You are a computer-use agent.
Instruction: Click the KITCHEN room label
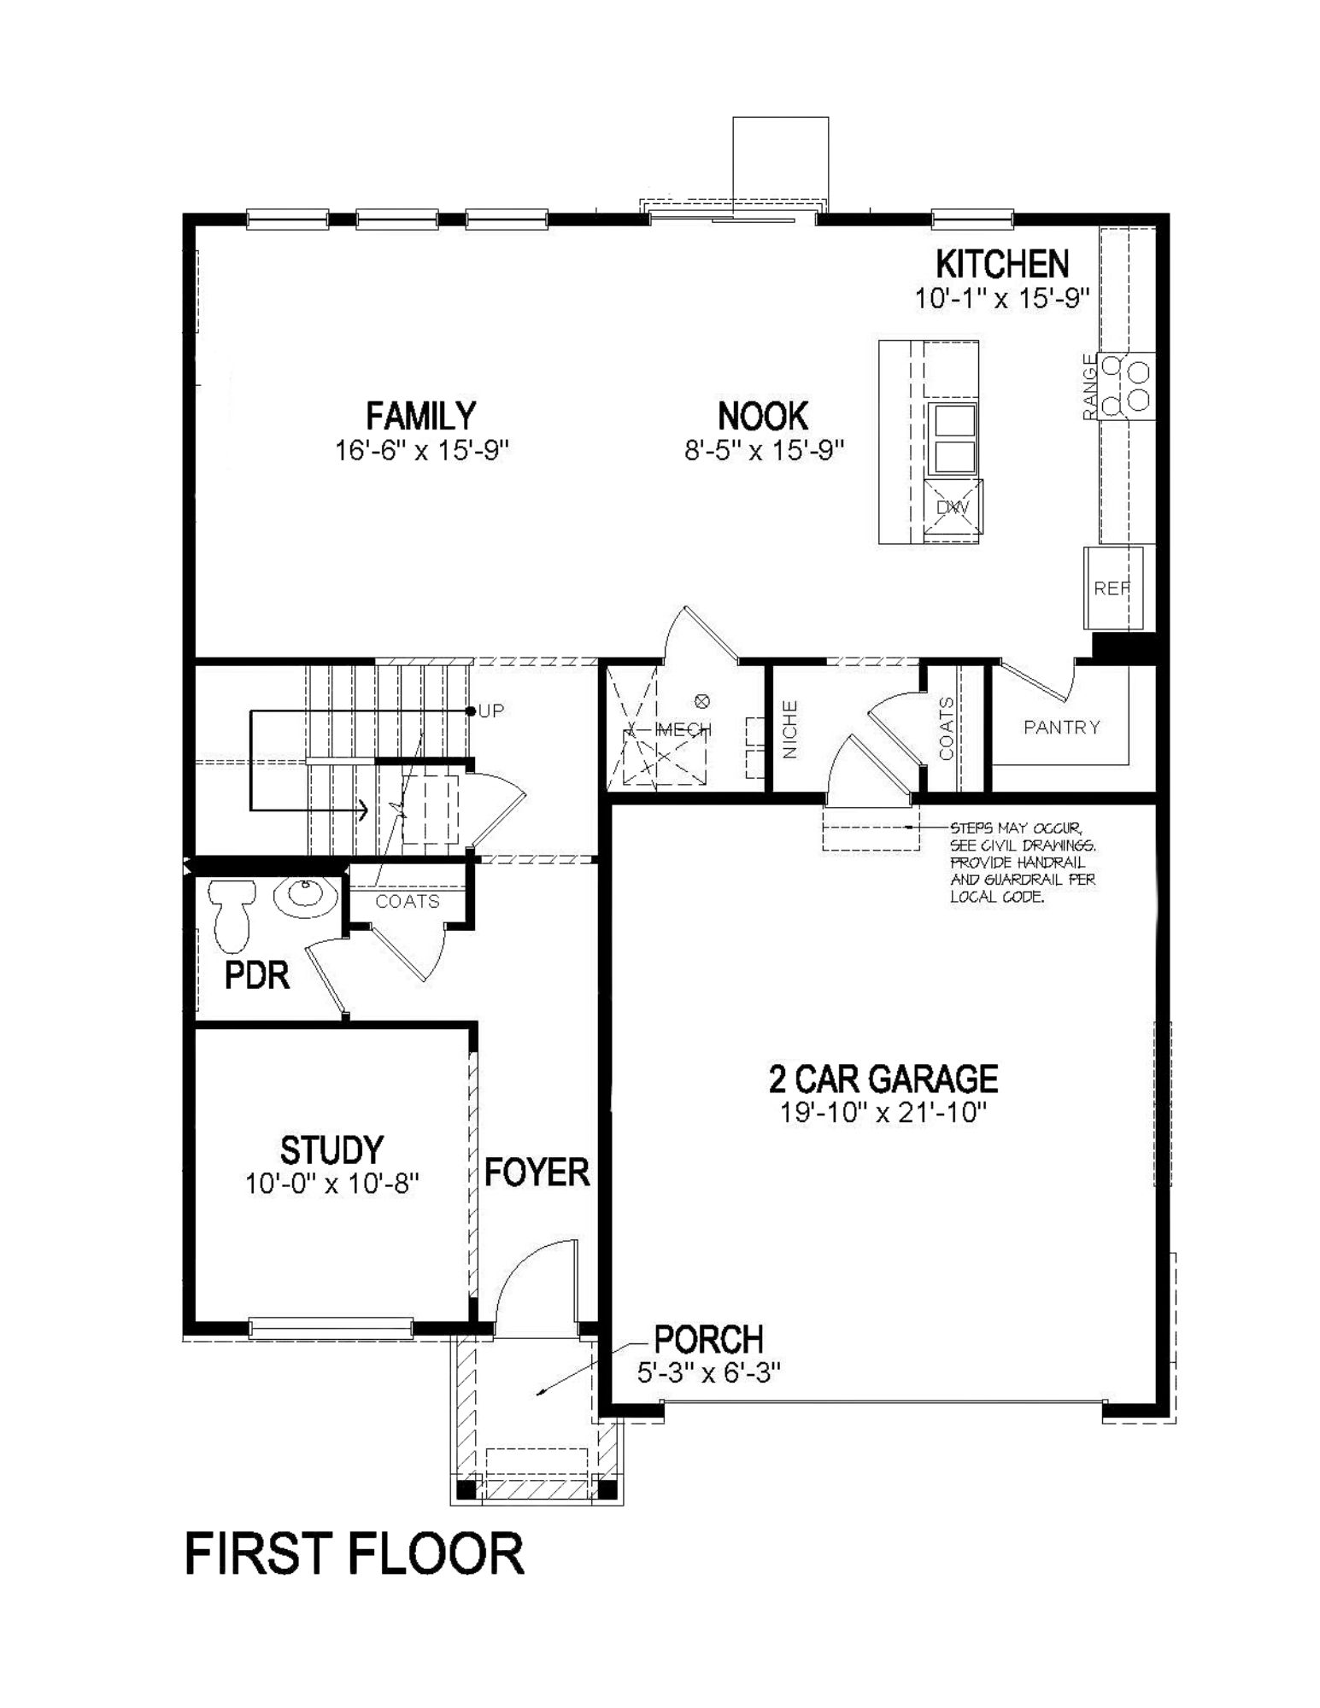(x=1001, y=265)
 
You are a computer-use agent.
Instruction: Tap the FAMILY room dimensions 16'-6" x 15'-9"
(x=421, y=451)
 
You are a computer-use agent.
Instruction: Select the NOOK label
(x=762, y=417)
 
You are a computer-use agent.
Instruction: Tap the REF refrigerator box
(x=1112, y=588)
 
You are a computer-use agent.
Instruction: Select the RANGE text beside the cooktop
(x=1089, y=387)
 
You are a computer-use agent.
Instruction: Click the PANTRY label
(x=1061, y=727)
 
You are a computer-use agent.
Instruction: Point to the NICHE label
(x=790, y=729)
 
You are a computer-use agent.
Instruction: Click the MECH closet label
(x=682, y=729)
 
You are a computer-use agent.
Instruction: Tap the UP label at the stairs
(x=491, y=711)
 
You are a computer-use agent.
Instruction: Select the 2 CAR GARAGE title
(x=883, y=1079)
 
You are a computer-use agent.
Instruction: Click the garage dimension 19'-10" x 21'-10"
(x=883, y=1113)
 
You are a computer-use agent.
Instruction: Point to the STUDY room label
(x=331, y=1149)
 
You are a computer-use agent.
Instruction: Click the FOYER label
(x=537, y=1173)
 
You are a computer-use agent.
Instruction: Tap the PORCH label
(x=708, y=1339)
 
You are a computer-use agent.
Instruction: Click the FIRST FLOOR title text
(x=354, y=1554)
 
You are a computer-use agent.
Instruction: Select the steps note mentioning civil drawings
(x=1022, y=863)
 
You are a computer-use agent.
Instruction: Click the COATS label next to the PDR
(x=408, y=902)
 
